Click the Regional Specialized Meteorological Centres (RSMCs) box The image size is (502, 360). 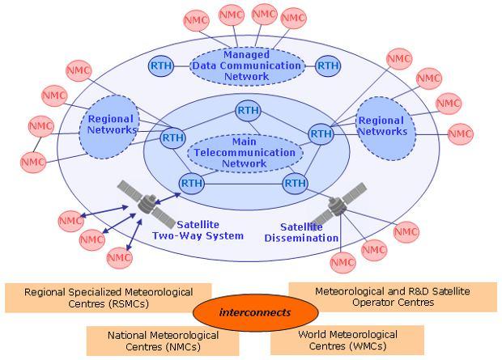coord(108,298)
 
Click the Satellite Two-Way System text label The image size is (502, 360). coord(198,231)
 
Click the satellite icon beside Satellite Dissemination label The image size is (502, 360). coord(340,205)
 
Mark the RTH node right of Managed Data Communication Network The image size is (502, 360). coord(327,65)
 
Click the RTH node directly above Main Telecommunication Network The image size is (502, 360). coord(248,109)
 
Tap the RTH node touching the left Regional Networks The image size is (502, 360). coord(173,138)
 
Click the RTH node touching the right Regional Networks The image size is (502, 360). coord(321,133)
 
